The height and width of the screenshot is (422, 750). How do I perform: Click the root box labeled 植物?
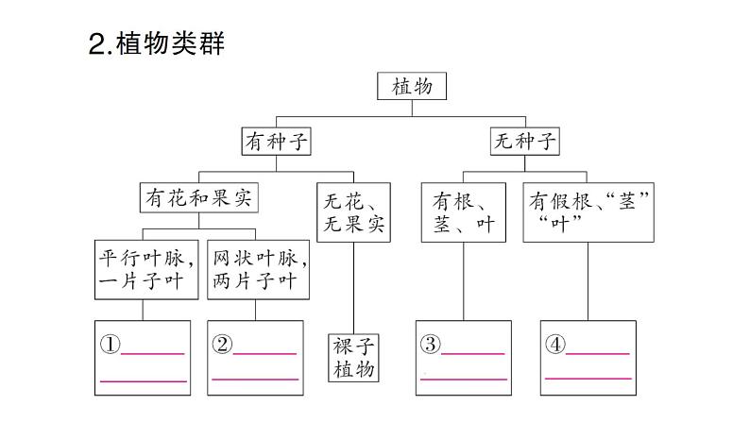pos(412,87)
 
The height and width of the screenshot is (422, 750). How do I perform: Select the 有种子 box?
pos(277,142)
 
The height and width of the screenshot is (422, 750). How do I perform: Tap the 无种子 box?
pos(525,142)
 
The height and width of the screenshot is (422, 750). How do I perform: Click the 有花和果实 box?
pos(199,199)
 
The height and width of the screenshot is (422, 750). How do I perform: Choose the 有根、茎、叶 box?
pos(463,212)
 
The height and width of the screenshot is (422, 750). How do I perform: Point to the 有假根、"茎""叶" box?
pos(591,212)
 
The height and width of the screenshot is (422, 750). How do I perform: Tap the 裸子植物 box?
pos(354,357)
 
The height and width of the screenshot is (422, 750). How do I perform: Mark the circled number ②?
pos(222,345)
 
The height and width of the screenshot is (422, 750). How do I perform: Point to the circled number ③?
pos(431,345)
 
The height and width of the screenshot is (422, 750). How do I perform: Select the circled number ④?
pos(555,345)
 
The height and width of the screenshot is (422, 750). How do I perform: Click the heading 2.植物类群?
pos(156,43)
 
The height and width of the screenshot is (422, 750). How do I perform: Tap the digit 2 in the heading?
pos(95,44)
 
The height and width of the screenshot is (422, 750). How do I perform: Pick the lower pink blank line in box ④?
pos(588,377)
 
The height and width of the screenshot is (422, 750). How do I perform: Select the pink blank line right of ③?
pos(473,353)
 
